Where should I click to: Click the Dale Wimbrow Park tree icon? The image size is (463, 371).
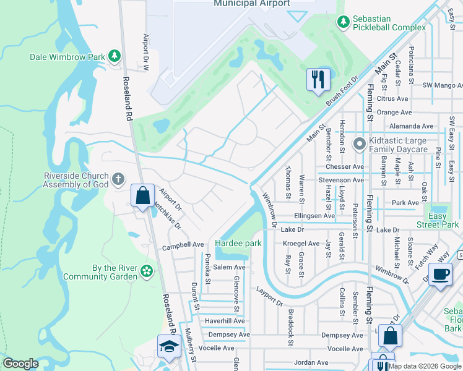coord(114,57)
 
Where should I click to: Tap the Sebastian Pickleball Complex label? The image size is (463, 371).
coord(389,22)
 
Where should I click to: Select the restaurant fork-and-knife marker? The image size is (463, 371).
coord(318,79)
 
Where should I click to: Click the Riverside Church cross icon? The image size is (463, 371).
coord(119,179)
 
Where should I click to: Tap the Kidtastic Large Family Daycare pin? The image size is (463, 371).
coord(358,145)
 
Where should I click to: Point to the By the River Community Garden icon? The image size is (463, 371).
coord(147,271)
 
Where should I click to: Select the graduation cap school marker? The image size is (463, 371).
coord(167,348)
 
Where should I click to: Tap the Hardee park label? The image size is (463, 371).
coord(238,244)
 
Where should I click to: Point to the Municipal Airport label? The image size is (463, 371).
coord(251,4)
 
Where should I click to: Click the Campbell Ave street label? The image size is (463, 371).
coord(183,245)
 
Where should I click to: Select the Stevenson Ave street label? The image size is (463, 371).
coord(341,180)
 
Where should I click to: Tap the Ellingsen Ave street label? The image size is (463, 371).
coord(314,216)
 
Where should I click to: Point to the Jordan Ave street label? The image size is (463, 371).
coord(311,362)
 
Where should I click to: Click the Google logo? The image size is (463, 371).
coord(20,364)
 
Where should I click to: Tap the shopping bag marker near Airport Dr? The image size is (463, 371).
coord(142,196)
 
